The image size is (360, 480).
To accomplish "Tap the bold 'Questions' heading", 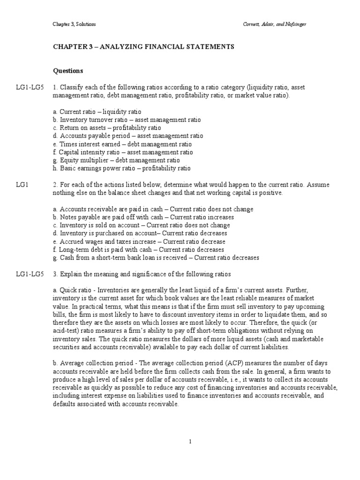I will click(68, 71).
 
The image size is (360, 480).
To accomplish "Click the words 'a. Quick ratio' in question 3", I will click(72, 291).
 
